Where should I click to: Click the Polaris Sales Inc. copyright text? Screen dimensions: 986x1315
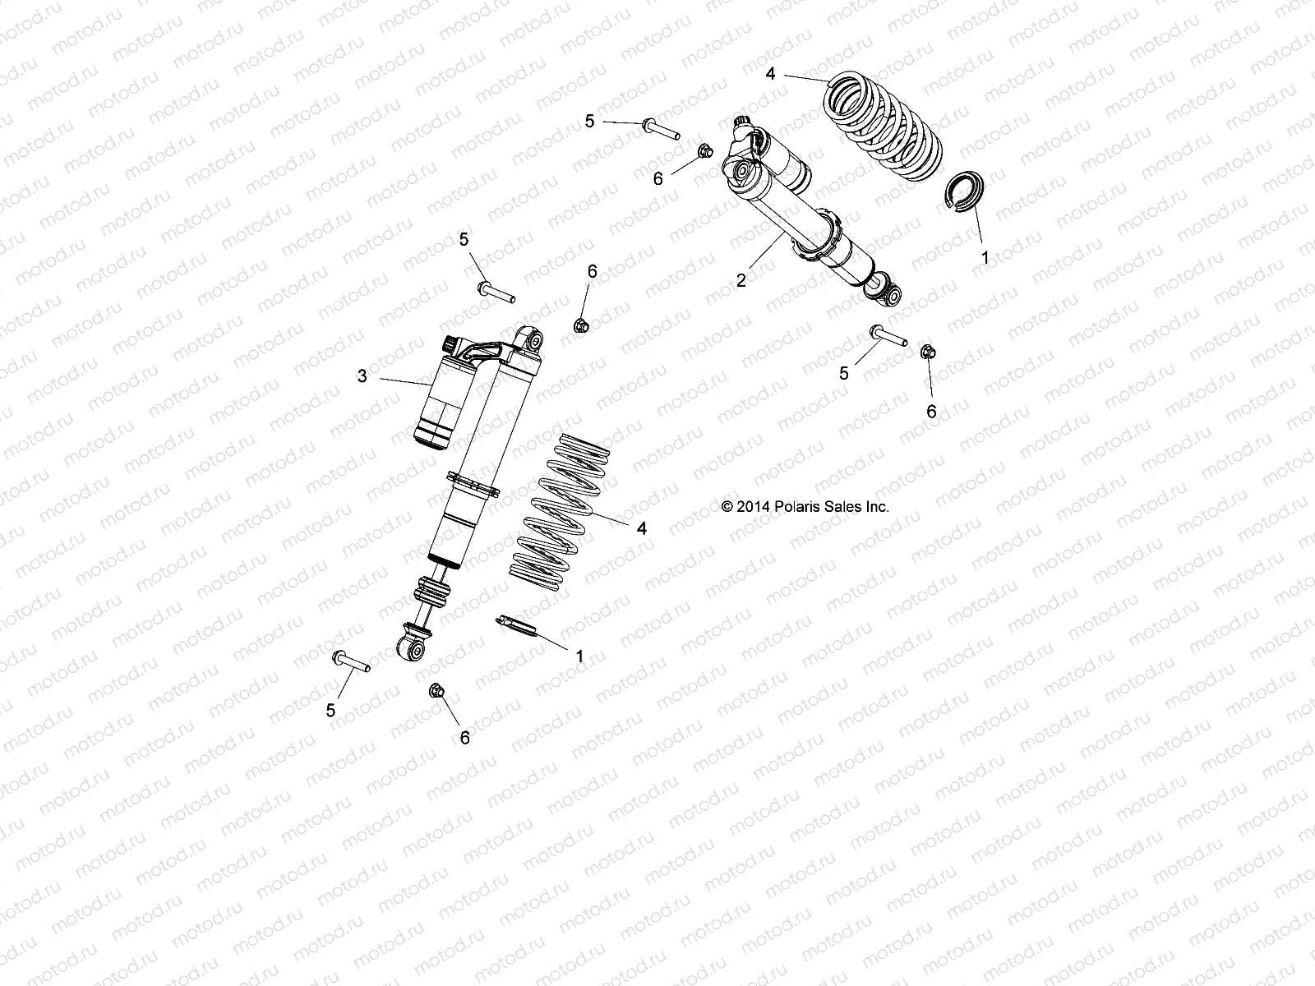805,507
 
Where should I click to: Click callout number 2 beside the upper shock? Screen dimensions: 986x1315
741,280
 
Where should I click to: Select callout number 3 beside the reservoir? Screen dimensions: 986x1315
362,376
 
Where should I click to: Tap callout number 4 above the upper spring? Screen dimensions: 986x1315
770,74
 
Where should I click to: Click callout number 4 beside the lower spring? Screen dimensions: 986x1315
642,528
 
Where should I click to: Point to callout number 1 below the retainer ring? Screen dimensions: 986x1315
985,257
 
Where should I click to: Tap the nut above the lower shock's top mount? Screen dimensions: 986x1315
579,325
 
